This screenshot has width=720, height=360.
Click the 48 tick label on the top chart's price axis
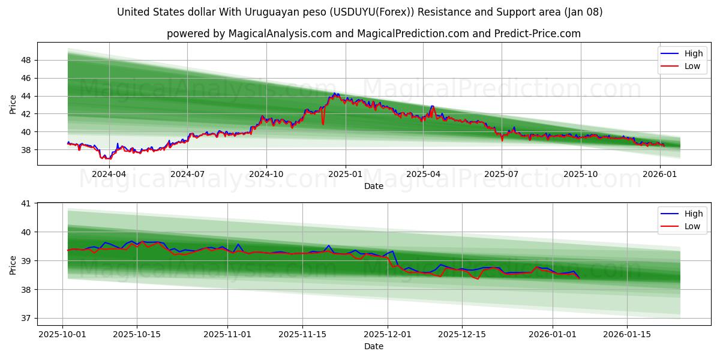coord(26,60)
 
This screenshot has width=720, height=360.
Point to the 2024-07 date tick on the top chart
coord(187,174)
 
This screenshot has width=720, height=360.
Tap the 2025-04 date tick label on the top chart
coord(423,174)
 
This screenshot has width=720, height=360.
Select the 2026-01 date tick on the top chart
coord(660,174)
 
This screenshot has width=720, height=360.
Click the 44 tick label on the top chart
coord(26,96)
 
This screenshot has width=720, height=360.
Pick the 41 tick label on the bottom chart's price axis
coord(26,203)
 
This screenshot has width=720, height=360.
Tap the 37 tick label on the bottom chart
coord(26,318)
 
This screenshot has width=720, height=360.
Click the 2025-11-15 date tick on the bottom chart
coord(302,334)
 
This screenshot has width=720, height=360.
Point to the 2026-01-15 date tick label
coord(626,334)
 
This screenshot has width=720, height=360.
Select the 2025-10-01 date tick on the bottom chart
coord(62,334)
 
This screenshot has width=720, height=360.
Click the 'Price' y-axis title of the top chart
coord(13,104)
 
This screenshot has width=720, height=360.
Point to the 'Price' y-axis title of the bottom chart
coord(13,265)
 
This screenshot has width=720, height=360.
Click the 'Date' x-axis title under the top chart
coord(373,186)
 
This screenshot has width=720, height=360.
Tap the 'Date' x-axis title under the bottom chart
coord(373,346)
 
